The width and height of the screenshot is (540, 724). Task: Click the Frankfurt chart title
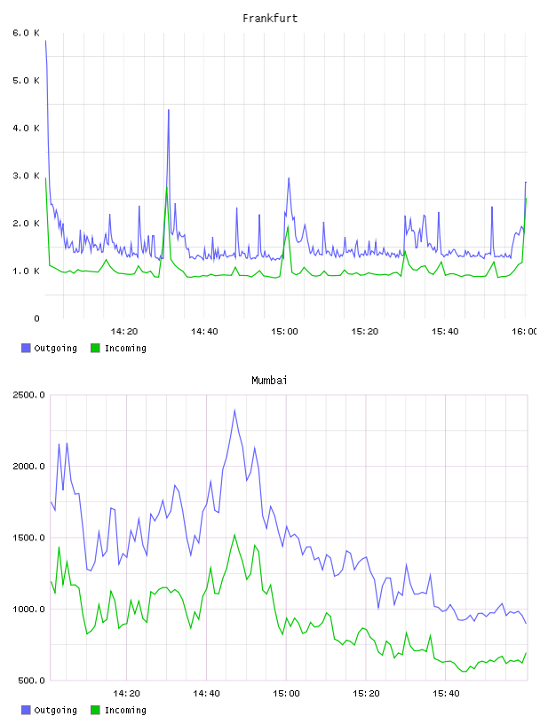click(x=270, y=19)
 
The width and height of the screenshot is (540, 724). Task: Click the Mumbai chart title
click(x=269, y=381)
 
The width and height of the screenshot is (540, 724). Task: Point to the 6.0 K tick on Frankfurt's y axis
click(x=27, y=33)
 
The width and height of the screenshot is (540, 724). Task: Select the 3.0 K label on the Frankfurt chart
click(x=27, y=176)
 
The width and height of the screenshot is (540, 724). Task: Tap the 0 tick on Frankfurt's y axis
click(x=36, y=319)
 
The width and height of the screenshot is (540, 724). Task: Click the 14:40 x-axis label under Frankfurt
click(x=204, y=332)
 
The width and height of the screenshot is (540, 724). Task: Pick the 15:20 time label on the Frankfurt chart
click(x=365, y=332)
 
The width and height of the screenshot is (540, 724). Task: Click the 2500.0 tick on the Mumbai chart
click(x=29, y=395)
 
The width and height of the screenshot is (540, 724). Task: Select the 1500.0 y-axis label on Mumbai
click(x=29, y=538)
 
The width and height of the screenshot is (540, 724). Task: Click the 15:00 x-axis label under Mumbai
click(x=286, y=694)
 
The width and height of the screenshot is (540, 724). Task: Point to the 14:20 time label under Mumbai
click(x=126, y=694)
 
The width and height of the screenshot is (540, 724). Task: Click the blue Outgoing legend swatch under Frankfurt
click(x=26, y=348)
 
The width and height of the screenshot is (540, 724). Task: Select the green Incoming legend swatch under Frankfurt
click(x=95, y=348)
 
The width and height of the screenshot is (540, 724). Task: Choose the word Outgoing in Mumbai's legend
click(x=55, y=711)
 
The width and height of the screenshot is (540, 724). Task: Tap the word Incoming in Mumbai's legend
click(x=125, y=711)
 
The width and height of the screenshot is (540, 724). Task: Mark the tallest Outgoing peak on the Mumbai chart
click(x=234, y=410)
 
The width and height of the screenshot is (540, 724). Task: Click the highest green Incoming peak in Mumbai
click(x=234, y=535)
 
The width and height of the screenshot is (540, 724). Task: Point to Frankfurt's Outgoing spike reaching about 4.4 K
click(x=169, y=110)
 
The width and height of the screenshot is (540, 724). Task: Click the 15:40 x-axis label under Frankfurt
click(x=445, y=332)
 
